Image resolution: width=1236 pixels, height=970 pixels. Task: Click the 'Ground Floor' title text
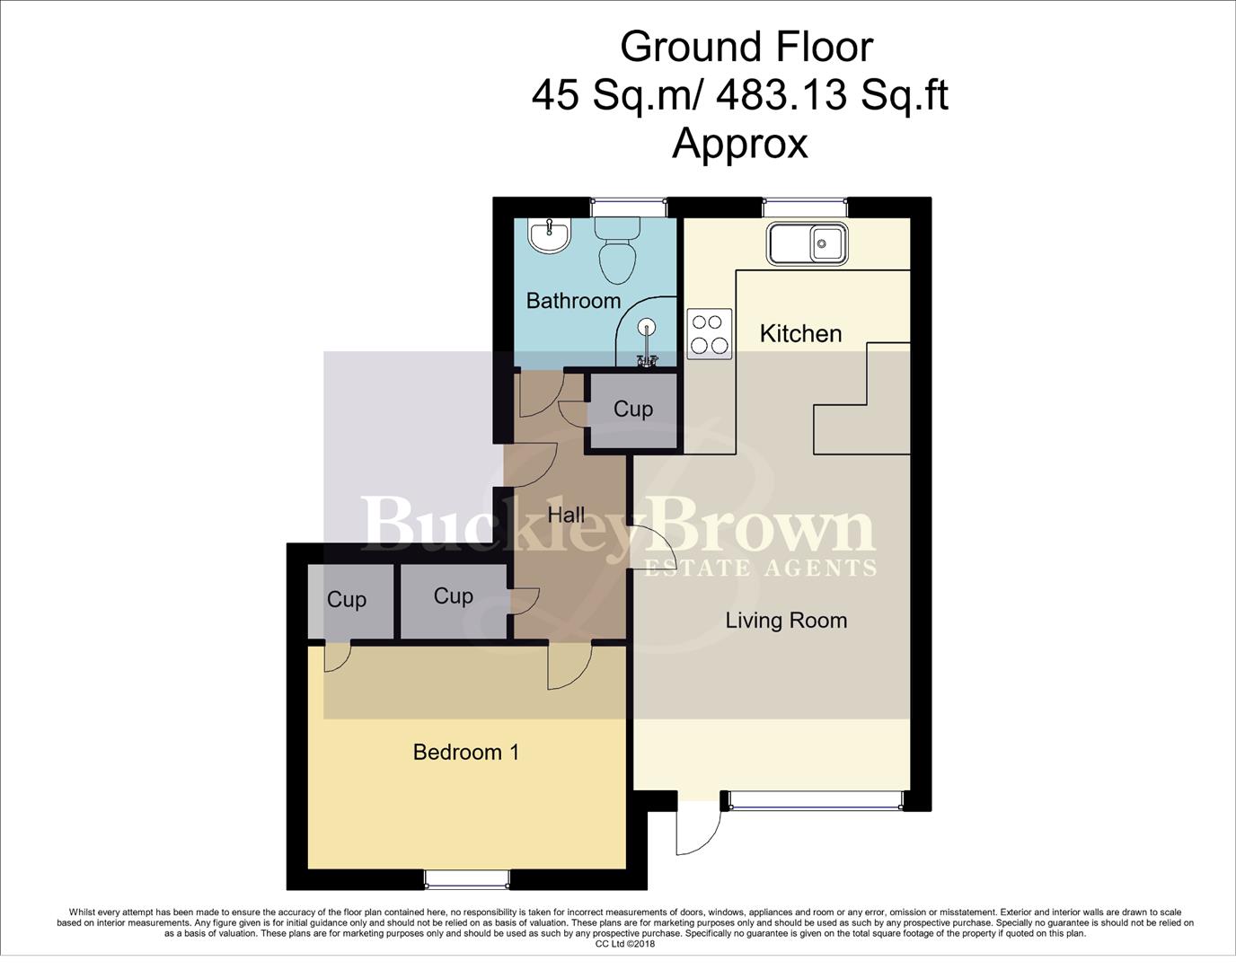pos(746,47)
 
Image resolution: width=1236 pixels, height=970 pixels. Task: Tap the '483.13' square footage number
pos(780,94)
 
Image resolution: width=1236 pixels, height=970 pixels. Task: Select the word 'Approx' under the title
pos(740,143)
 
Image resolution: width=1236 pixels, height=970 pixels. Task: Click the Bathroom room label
pos(573,301)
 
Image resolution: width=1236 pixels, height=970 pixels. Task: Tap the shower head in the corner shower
pos(647,329)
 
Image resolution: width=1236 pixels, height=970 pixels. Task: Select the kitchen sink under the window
pos(806,243)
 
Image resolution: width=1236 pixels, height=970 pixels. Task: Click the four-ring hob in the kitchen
pos(709,334)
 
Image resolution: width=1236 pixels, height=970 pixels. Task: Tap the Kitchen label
pos(800,334)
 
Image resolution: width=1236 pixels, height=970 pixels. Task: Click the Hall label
pos(566,516)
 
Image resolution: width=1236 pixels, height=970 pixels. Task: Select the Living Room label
pos(786,621)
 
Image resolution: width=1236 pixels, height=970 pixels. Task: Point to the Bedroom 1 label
pos(466,752)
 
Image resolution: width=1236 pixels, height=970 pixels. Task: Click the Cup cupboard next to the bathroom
pos(632,410)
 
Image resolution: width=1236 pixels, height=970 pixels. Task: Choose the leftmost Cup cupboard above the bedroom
pos(347,600)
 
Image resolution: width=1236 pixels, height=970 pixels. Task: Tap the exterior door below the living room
pos(699,824)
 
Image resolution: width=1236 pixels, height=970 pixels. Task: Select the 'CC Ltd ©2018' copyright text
pos(625,944)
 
